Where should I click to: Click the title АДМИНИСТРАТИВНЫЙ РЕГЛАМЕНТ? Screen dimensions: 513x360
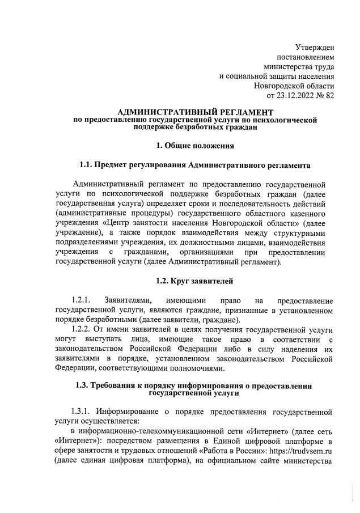click(x=195, y=113)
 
